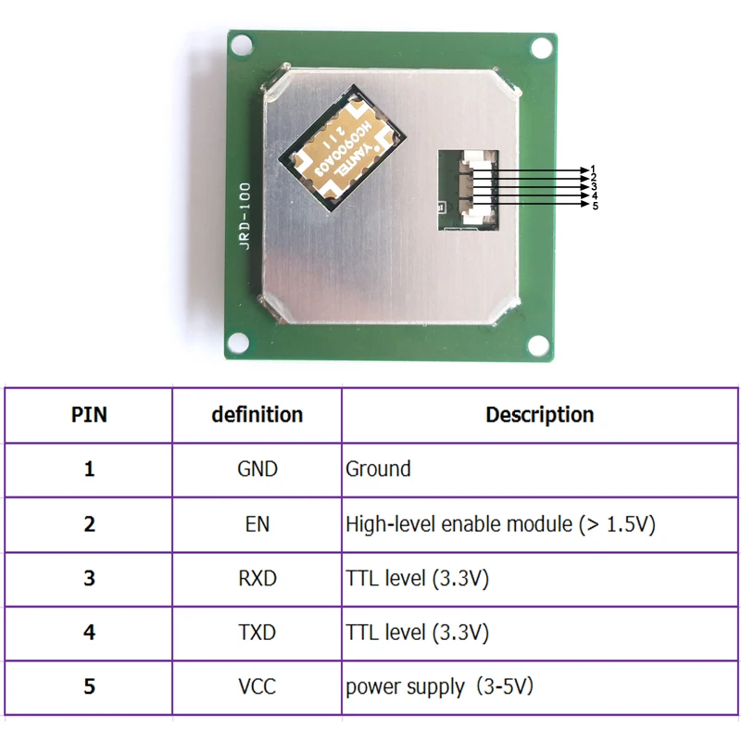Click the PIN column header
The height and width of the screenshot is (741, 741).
tap(89, 414)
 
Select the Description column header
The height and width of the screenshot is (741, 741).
tap(540, 414)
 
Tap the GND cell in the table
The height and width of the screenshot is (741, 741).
tap(257, 469)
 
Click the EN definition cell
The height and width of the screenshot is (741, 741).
tap(257, 524)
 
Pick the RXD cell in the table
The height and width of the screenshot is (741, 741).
tap(257, 578)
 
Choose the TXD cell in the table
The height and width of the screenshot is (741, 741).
tap(257, 633)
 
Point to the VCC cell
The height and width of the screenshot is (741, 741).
tap(257, 686)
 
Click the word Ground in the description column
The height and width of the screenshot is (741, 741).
tap(378, 469)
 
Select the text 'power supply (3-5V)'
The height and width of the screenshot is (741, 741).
tap(439, 687)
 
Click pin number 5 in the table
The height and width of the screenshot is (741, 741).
tap(89, 686)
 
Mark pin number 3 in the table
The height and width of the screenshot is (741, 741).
tap(89, 578)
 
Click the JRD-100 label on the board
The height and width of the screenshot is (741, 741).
tap(245, 217)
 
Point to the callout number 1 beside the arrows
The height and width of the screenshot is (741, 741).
tap(594, 169)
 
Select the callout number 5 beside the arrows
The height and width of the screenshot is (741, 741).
tap(596, 206)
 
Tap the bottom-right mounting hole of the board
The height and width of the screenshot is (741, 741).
tap(538, 345)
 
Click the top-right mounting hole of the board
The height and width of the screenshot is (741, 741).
tap(542, 48)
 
